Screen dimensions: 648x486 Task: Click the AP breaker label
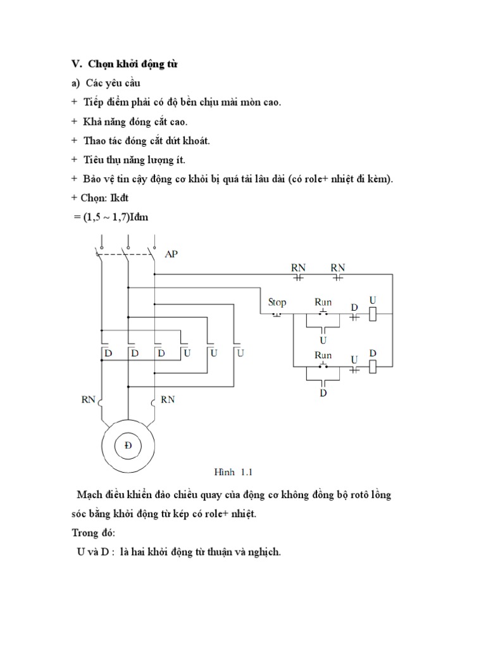coord(171,254)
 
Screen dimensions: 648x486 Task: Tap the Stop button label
coord(277,302)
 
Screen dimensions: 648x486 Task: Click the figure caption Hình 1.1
coord(234,472)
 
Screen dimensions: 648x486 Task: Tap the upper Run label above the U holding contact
coord(323,302)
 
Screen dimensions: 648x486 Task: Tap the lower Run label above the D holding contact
coord(323,355)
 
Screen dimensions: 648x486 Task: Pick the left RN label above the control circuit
coord(298,268)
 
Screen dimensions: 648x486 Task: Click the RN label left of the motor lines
coord(88,399)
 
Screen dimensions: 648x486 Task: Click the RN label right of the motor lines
coord(168,399)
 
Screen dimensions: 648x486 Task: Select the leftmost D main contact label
coord(108,353)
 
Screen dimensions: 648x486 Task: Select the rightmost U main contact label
coord(240,353)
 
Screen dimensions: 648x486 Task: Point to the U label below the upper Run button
coord(323,339)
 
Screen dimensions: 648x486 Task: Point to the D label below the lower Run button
coord(323,393)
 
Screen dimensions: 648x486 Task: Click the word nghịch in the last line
coord(263,552)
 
